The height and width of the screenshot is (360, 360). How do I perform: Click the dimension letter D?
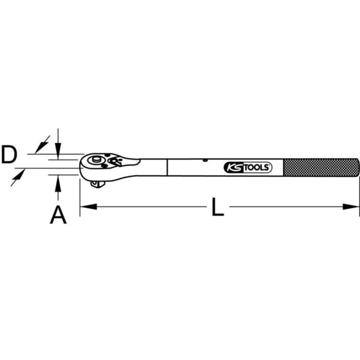[x=9, y=155]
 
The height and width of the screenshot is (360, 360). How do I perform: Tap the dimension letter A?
[x=58, y=215]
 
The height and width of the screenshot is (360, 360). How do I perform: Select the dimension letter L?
[x=218, y=207]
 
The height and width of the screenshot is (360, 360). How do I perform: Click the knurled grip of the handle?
[x=320, y=167]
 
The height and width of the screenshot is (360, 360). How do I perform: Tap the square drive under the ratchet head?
[x=98, y=184]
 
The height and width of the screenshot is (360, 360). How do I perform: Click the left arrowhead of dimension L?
[x=89, y=207]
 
